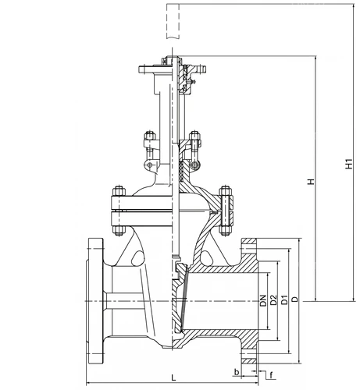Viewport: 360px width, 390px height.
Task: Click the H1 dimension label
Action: [x=348, y=164]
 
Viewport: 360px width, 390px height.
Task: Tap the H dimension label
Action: [x=311, y=181]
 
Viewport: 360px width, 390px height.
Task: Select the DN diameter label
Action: [x=263, y=300]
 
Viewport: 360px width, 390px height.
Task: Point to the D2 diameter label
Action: [x=273, y=300]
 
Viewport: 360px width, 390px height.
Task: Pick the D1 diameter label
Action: [x=285, y=300]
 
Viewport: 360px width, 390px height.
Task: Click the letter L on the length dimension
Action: [x=173, y=378]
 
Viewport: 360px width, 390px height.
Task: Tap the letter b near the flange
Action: [x=237, y=372]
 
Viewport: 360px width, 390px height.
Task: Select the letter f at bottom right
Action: [x=271, y=375]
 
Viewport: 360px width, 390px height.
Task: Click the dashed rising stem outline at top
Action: [x=173, y=21]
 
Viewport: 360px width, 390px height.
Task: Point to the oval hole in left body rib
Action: [x=137, y=258]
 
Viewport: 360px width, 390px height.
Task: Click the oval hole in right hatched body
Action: [x=207, y=258]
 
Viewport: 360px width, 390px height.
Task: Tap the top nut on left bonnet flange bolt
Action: [x=119, y=191]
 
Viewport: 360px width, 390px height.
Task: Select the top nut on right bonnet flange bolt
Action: [x=226, y=191]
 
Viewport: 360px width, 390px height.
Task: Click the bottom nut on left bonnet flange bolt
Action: [x=119, y=231]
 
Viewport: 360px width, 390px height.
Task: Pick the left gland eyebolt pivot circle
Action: [x=150, y=165]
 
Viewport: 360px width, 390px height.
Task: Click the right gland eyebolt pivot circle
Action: [x=194, y=165]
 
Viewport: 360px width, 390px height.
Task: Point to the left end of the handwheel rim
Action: [x=140, y=69]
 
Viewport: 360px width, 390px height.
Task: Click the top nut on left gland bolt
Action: [x=150, y=136]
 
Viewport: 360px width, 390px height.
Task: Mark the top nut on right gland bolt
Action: [x=194, y=136]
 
